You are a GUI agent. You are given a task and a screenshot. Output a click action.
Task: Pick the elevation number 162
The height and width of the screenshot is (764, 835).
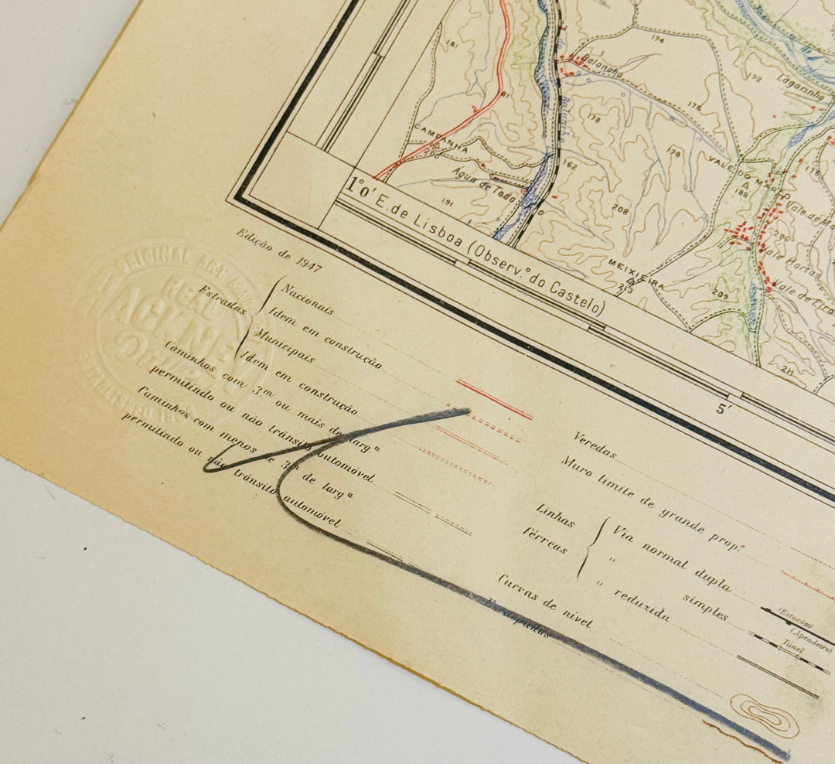tap(570, 165)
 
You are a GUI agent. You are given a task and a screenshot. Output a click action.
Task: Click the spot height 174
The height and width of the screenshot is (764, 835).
tap(658, 39)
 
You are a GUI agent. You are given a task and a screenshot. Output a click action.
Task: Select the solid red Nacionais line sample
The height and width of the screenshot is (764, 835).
tap(494, 399)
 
